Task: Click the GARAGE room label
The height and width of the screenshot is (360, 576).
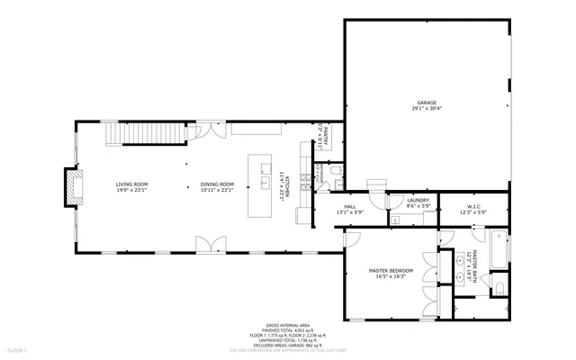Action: coord(426,103)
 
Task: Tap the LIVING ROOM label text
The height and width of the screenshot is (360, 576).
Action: coord(130,184)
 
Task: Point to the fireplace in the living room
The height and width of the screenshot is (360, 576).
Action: coord(68,187)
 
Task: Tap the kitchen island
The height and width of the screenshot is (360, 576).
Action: coord(263,184)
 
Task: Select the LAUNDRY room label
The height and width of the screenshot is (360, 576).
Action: coord(418,201)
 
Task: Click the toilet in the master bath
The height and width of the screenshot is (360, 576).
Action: coord(498,288)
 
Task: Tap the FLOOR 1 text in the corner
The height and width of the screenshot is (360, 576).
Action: coord(16,347)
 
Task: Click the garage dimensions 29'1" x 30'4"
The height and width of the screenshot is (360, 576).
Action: coord(426,110)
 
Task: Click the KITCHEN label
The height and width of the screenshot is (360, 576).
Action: coord(282,184)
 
